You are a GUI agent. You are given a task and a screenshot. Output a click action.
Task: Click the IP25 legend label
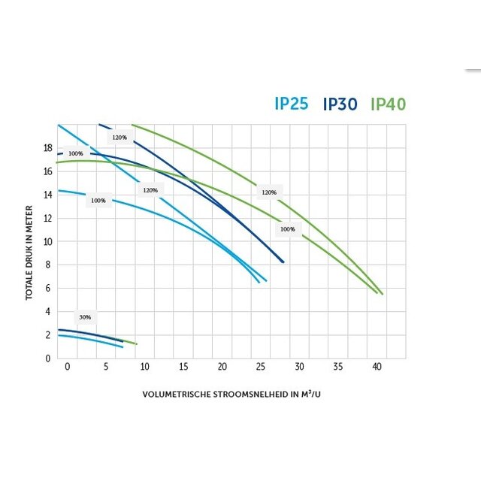[292, 104]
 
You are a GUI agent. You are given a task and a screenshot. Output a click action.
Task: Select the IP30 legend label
[340, 104]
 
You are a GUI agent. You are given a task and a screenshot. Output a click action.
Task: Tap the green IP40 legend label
[389, 104]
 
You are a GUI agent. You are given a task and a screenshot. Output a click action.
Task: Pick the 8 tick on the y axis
[49, 265]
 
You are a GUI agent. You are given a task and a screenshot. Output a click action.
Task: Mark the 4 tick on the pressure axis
[49, 311]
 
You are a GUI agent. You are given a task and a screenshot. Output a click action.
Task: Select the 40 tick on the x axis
[377, 366]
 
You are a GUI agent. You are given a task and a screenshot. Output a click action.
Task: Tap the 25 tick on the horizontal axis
[261, 366]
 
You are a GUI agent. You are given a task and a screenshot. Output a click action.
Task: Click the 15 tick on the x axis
[183, 366]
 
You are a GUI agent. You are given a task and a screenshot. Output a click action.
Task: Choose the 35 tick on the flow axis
[338, 366]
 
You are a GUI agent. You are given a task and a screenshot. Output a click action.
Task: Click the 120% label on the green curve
[269, 192]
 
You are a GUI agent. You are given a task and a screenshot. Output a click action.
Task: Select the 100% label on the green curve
[287, 228]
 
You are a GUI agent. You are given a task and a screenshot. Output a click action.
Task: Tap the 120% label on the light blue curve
[150, 190]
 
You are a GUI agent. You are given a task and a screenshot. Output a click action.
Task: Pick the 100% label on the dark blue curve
[75, 153]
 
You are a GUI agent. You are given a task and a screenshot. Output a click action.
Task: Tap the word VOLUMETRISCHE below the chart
[176, 394]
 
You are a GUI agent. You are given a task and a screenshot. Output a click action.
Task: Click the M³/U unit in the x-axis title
[310, 394]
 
